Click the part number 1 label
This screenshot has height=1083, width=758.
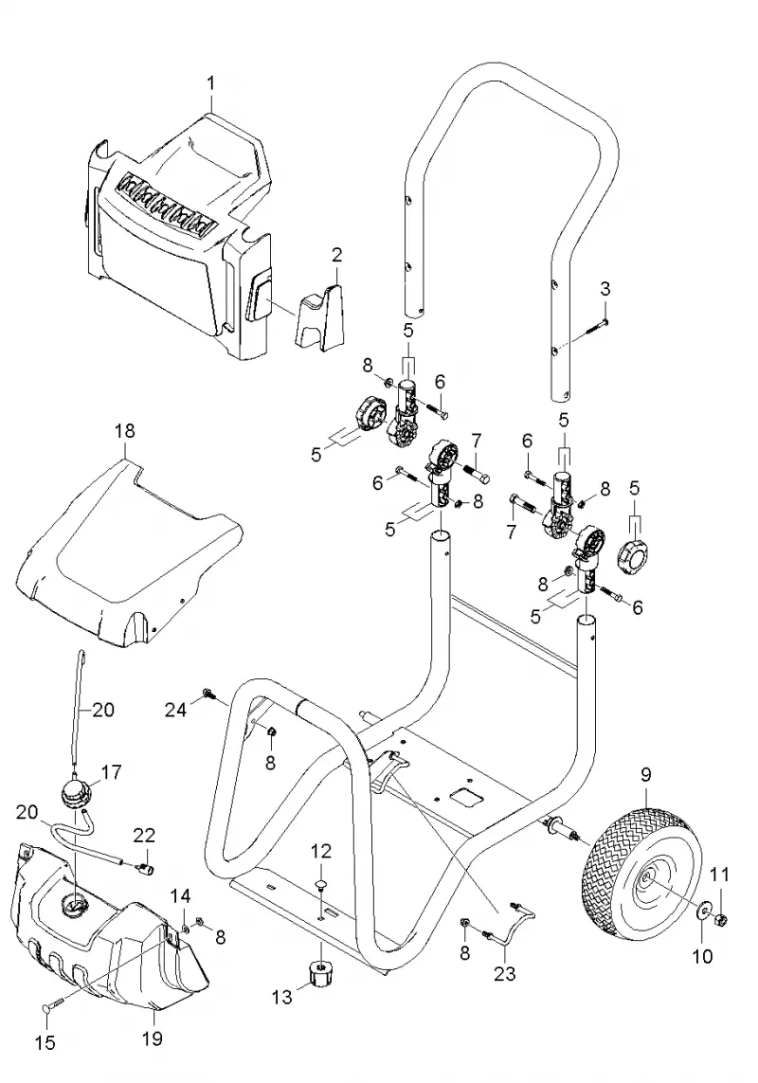point(210,83)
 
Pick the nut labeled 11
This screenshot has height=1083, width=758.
point(721,918)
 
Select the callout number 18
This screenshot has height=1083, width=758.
point(125,431)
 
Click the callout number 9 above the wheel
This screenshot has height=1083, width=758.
point(646,774)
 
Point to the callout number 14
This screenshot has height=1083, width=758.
point(180,896)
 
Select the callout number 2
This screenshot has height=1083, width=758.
point(336,255)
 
